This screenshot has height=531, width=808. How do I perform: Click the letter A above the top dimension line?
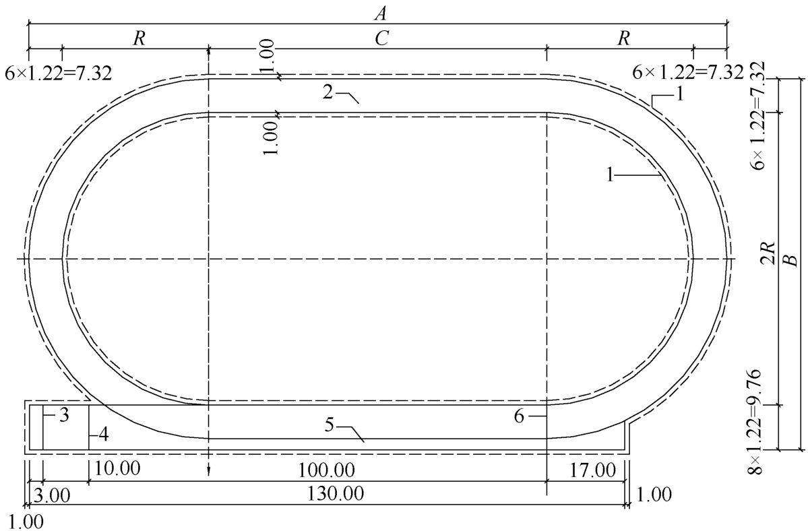point(380,13)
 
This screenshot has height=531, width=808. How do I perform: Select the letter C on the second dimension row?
point(381,38)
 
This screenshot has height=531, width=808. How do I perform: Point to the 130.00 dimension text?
point(336,493)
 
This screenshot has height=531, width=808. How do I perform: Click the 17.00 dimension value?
point(593,470)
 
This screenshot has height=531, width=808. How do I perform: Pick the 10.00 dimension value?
point(117,469)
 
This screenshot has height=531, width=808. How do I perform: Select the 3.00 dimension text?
point(51,495)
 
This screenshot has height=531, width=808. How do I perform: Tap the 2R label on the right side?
point(769,253)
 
